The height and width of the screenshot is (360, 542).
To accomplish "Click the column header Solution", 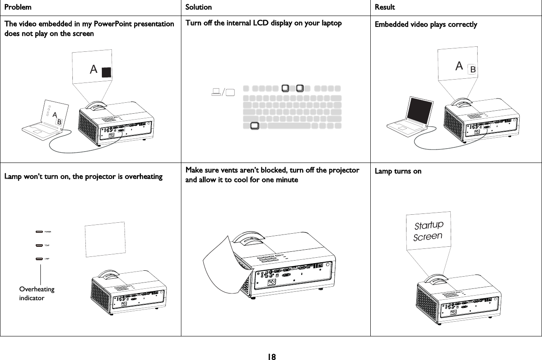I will tap(199, 7).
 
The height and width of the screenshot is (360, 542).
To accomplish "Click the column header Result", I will tap(385, 7).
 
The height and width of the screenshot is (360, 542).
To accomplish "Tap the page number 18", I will tap(271, 357).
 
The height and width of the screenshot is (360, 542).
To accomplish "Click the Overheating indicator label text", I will tap(37, 293).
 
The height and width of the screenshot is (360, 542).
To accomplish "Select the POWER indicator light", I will tap(40, 231).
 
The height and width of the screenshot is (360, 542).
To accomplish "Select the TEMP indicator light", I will tap(40, 245).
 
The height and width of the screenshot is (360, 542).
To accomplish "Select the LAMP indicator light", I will tap(40, 259).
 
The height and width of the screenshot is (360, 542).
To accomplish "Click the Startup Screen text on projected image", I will tap(428, 231).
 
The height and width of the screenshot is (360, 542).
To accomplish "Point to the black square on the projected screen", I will tap(106, 72).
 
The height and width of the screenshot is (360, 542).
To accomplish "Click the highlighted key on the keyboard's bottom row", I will tap(254, 125).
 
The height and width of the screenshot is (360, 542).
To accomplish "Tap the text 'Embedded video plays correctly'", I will tap(426, 24).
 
